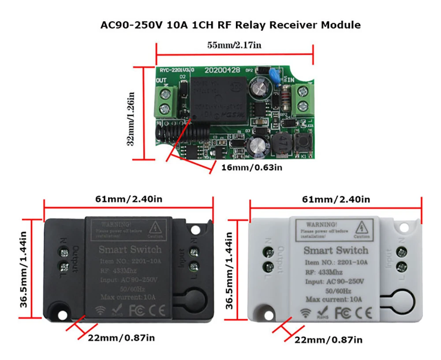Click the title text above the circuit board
tap(230, 25)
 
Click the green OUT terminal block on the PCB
tap(165, 100)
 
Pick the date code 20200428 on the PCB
tap(221, 71)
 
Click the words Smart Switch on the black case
tap(130, 250)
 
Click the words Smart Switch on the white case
tap(336, 250)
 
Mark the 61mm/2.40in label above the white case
tap(336, 200)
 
